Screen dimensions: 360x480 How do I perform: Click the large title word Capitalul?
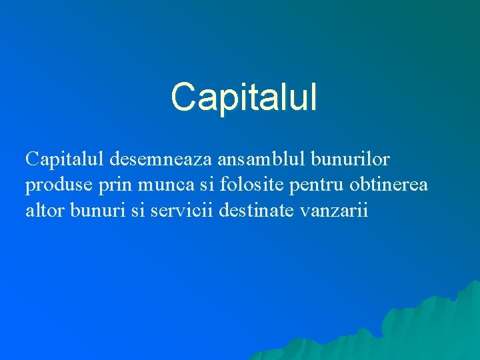coord(244,97)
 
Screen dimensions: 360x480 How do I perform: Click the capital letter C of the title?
coord(181,97)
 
